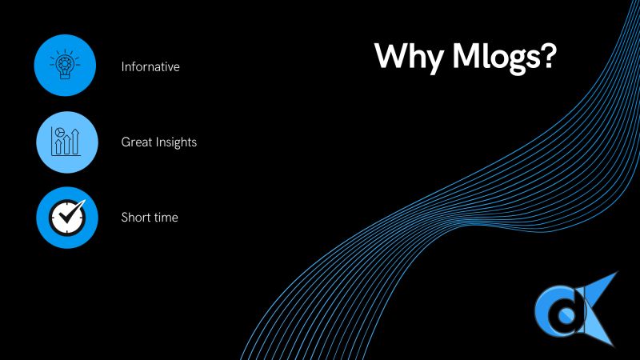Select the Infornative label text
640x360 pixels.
150,66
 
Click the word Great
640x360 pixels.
136,142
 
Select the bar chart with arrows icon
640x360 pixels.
66,141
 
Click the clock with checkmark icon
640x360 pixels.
66,216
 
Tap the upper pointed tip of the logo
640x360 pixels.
617,274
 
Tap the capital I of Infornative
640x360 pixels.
123,66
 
